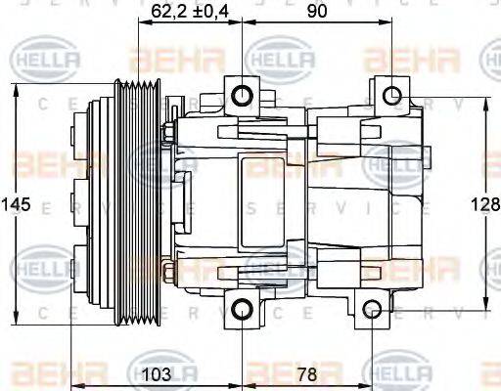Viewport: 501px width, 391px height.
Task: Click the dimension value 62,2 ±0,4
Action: (194, 12)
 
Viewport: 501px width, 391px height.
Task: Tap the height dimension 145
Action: (15, 205)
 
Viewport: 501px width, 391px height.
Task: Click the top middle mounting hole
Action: (241, 95)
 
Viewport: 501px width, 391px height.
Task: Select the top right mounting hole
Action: (391, 95)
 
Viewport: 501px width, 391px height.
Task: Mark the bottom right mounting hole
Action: (372, 311)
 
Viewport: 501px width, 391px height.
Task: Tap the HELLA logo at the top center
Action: (279, 61)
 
